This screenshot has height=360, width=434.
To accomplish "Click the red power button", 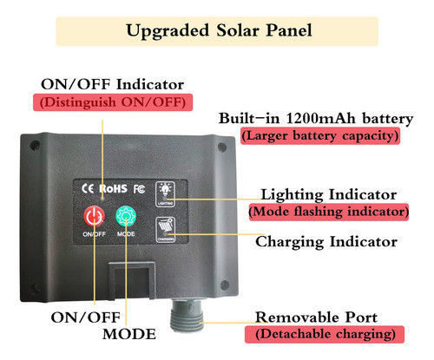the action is click(94, 216).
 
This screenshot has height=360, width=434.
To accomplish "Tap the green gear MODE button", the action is click(126, 216).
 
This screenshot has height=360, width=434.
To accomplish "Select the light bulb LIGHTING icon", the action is click(165, 194).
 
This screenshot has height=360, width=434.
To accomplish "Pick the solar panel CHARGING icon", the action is click(166, 230).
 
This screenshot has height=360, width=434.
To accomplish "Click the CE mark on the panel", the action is click(88, 188).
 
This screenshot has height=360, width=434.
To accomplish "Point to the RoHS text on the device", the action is click(113, 188).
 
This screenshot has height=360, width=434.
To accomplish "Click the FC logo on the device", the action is click(139, 189).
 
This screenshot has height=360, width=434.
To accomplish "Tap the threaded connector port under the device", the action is click(186, 316).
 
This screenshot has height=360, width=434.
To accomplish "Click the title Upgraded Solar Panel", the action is click(219, 30).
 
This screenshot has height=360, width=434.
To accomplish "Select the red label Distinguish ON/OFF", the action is click(113, 102).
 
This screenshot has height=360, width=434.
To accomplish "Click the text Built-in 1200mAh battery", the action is click(316, 118).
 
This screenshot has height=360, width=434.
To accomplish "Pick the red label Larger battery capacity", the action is click(320, 135).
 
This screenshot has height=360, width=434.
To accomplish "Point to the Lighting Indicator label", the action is click(329, 194).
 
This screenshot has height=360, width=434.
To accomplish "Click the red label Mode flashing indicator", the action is click(329, 212).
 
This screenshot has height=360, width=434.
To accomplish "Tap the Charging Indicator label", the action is click(326, 242).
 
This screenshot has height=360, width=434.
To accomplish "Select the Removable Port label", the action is click(316, 317).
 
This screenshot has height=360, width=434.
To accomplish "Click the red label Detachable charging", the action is click(325, 335).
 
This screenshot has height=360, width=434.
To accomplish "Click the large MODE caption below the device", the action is click(129, 334).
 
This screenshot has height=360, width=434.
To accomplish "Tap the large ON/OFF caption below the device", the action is click(86, 317).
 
